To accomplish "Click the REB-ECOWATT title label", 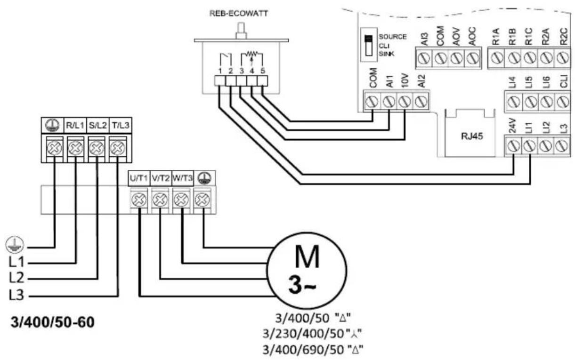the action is (239, 13).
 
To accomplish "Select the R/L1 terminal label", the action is (75, 126).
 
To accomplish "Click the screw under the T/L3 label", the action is (118, 148).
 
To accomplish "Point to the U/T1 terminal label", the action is (139, 178).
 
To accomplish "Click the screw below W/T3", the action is (181, 200).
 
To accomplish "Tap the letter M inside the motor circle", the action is (307, 256).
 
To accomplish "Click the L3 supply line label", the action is (16, 295).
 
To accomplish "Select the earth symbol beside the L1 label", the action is (15, 245).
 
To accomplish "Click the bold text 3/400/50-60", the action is (53, 322).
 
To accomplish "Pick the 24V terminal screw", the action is (513, 146).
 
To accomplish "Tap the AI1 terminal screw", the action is (389, 102).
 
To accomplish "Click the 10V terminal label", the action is (405, 80).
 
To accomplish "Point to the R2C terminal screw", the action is (563, 58).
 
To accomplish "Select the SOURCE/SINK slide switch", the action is (369, 45).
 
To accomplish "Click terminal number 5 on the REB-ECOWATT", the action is (263, 71).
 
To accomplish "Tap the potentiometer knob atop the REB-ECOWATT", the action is (241, 31).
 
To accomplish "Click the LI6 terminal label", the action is (546, 82).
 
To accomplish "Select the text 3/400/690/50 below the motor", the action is (303, 350).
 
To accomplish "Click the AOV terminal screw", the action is (456, 58).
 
